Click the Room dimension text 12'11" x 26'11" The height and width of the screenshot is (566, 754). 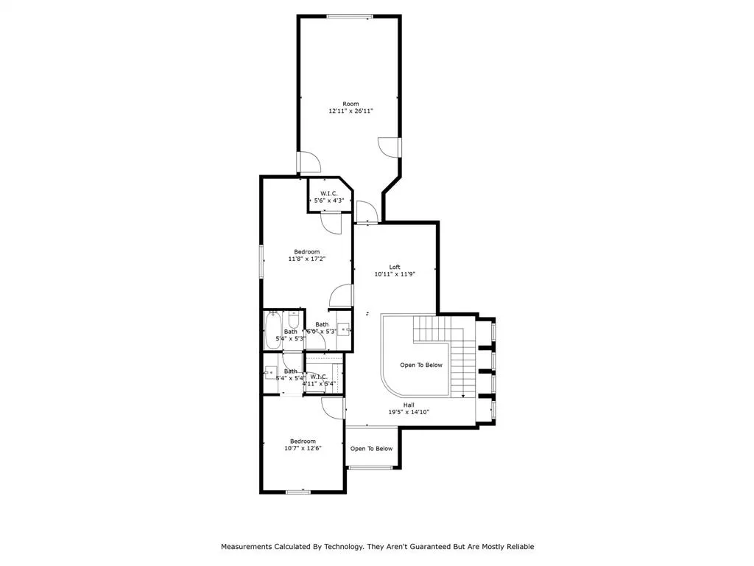click(350, 111)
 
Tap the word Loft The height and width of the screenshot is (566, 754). click(395, 267)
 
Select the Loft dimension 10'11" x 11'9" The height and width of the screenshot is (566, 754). click(395, 274)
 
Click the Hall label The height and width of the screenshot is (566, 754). click(409, 405)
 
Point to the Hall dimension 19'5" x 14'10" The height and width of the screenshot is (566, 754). click(409, 412)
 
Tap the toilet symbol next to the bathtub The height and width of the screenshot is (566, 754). click(293, 320)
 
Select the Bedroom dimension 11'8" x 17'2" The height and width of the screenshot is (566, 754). click(306, 259)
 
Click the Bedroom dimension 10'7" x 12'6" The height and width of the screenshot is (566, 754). click(302, 448)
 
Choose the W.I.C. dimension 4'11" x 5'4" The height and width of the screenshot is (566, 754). click(318, 383)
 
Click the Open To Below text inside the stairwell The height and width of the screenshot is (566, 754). click(421, 365)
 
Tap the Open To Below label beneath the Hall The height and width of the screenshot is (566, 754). click(371, 448)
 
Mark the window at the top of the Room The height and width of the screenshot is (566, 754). click(349, 16)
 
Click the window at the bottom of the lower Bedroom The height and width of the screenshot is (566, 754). click(297, 492)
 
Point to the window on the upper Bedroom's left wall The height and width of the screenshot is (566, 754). click(261, 261)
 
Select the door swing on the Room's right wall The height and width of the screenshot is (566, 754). click(388, 147)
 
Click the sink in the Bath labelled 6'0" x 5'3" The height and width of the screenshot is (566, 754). click(343, 329)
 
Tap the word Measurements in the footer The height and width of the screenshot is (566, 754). click(250, 547)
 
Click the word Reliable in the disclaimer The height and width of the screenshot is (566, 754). click(518, 547)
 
